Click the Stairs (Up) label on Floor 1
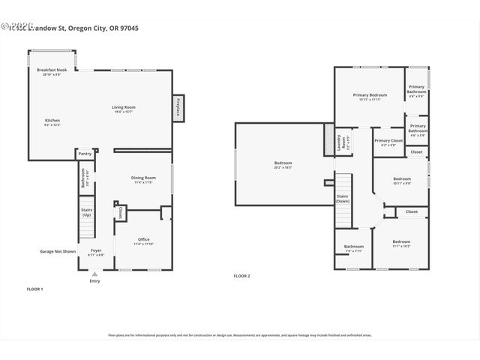point(86,212)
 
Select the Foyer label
point(96,252)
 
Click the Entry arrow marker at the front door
point(94,274)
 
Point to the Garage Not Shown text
point(58,251)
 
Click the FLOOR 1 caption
point(35,289)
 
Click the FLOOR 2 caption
point(241,276)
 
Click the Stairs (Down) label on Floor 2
point(342,199)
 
